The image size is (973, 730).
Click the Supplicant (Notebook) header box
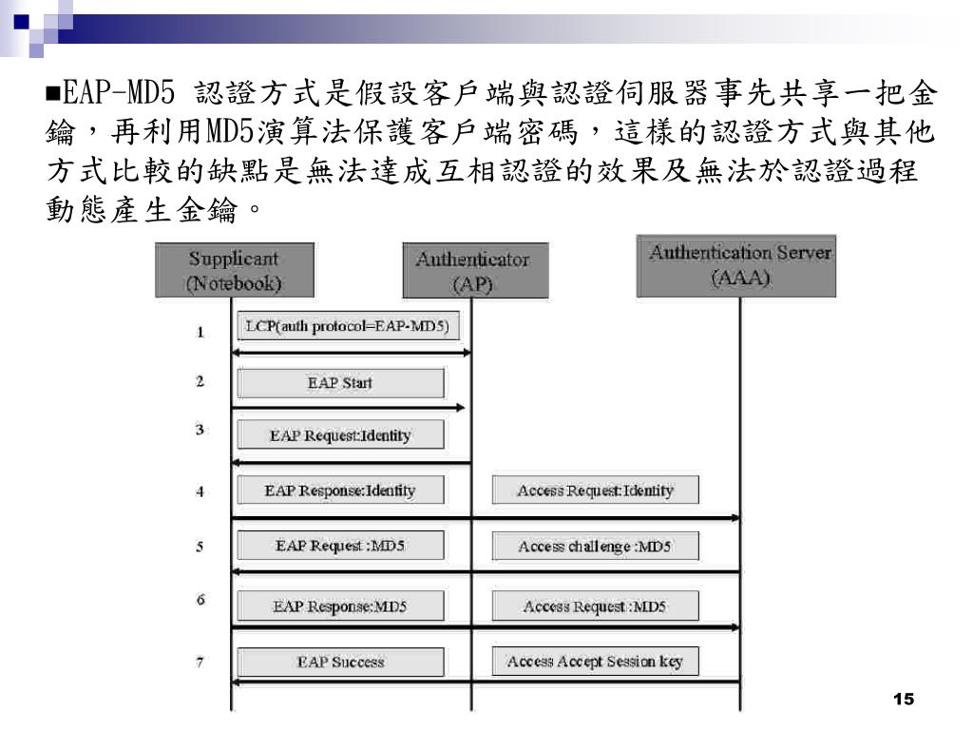pyautogui.click(x=234, y=270)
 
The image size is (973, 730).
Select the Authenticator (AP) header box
pyautogui.click(x=471, y=272)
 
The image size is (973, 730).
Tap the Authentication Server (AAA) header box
pyautogui.click(x=740, y=266)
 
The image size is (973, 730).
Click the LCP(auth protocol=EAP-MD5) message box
pyautogui.click(x=347, y=327)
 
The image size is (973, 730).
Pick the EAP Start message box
pyautogui.click(x=340, y=383)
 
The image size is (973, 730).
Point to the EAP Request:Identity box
pyautogui.click(x=340, y=435)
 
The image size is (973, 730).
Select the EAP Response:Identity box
pyautogui.click(x=340, y=490)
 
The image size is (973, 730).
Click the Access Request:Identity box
pyautogui.click(x=596, y=490)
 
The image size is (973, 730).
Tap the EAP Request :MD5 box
pyautogui.click(x=340, y=547)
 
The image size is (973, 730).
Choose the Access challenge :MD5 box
pyautogui.click(x=596, y=547)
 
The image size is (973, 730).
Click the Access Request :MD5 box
pyautogui.click(x=596, y=606)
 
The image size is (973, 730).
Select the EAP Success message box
pyautogui.click(x=340, y=662)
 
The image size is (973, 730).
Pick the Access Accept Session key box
pyautogui.click(x=596, y=662)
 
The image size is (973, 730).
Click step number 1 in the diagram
pyautogui.click(x=200, y=332)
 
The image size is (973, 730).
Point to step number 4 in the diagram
pyautogui.click(x=200, y=491)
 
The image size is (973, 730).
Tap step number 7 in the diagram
pyautogui.click(x=200, y=662)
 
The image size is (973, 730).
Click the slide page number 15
pyautogui.click(x=904, y=700)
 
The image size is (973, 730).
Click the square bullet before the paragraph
pyautogui.click(x=52, y=95)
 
